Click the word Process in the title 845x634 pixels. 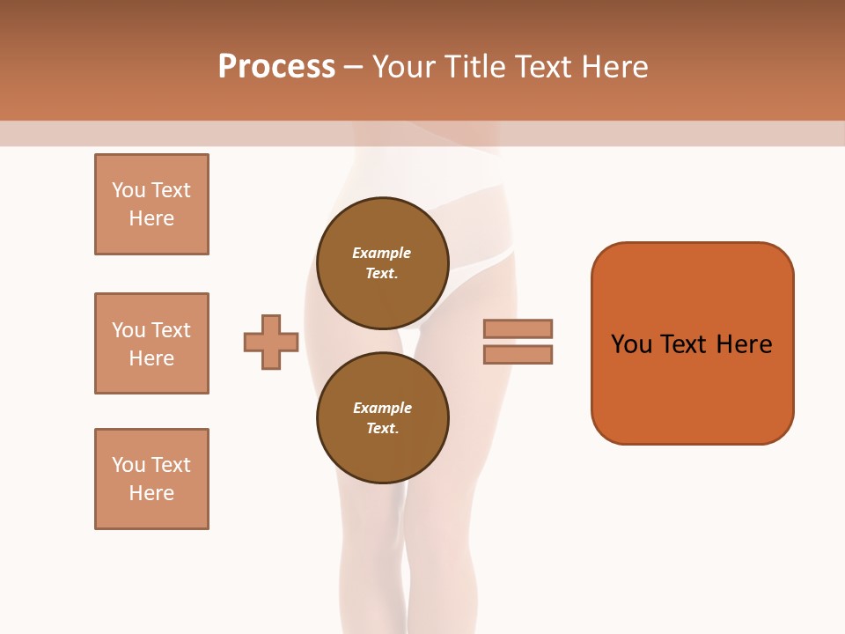tap(276, 66)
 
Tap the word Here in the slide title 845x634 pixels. tap(614, 66)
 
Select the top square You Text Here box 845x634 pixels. tap(151, 204)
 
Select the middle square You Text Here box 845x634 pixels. tap(151, 343)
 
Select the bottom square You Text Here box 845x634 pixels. tap(151, 479)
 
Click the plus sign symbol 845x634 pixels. tap(271, 342)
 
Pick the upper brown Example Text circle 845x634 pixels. tap(383, 263)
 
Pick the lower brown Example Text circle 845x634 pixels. tap(383, 418)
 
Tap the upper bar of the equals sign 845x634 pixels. tap(518, 328)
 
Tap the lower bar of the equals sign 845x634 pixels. tap(518, 354)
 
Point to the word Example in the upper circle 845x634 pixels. tap(382, 253)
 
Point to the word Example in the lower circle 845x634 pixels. tap(382, 408)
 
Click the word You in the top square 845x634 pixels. tap(129, 190)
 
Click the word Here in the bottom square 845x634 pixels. tap(151, 493)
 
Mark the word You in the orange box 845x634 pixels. tap(631, 344)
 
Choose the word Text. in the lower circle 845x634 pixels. tap(382, 429)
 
